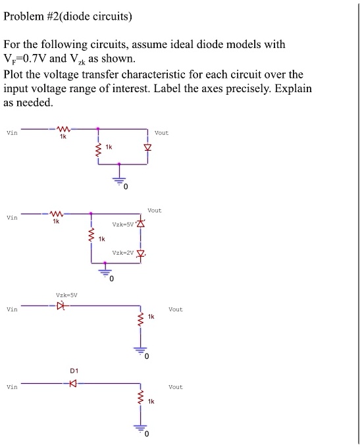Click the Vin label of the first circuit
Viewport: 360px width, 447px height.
(11, 132)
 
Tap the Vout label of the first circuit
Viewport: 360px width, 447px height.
(161, 133)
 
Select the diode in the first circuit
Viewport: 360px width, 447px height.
(147, 147)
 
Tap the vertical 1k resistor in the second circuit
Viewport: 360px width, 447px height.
(91, 236)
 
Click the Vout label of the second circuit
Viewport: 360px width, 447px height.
(155, 211)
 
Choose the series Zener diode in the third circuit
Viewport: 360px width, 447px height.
(63, 305)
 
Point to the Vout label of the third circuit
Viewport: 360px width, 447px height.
(176, 309)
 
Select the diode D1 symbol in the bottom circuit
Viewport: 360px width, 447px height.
(73, 383)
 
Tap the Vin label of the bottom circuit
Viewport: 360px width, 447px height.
(11, 387)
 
